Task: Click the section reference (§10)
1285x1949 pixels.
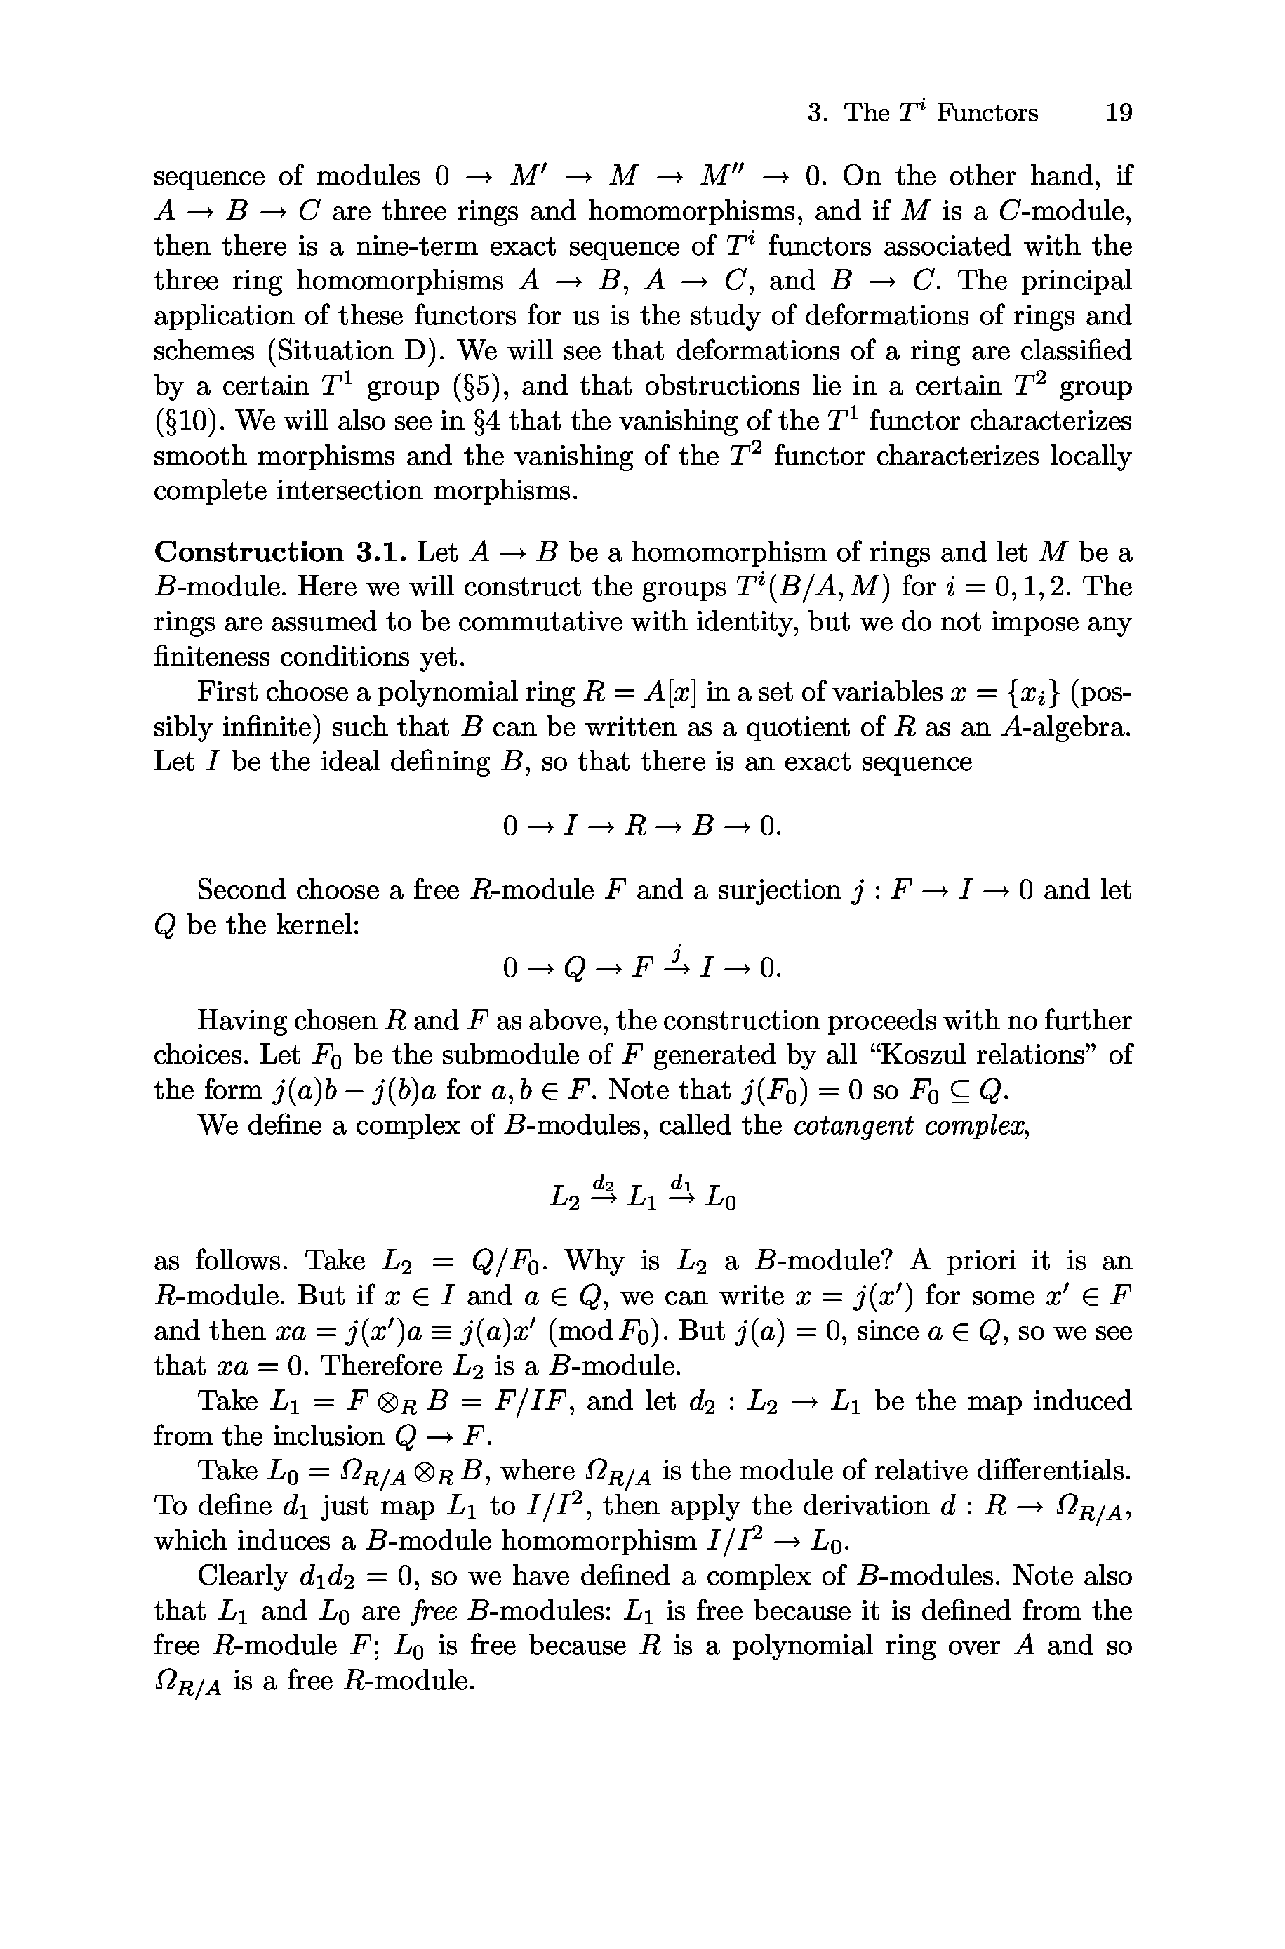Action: [187, 421]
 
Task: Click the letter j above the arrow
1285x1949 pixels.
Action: [677, 952]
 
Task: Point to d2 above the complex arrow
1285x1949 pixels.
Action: [604, 1182]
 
